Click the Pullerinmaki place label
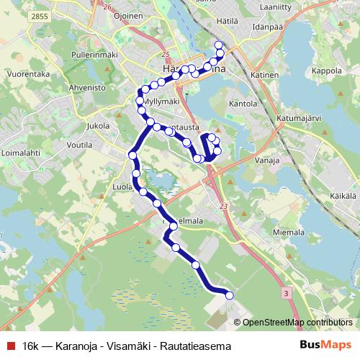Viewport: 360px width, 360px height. [95, 55]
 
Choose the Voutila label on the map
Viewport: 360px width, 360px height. [80, 144]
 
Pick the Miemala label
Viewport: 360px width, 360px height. [291, 233]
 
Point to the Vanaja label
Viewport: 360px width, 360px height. [266, 162]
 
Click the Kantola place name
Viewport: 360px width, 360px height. [243, 104]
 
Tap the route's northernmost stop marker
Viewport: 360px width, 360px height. [219, 45]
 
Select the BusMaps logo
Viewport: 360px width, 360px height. [325, 345]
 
